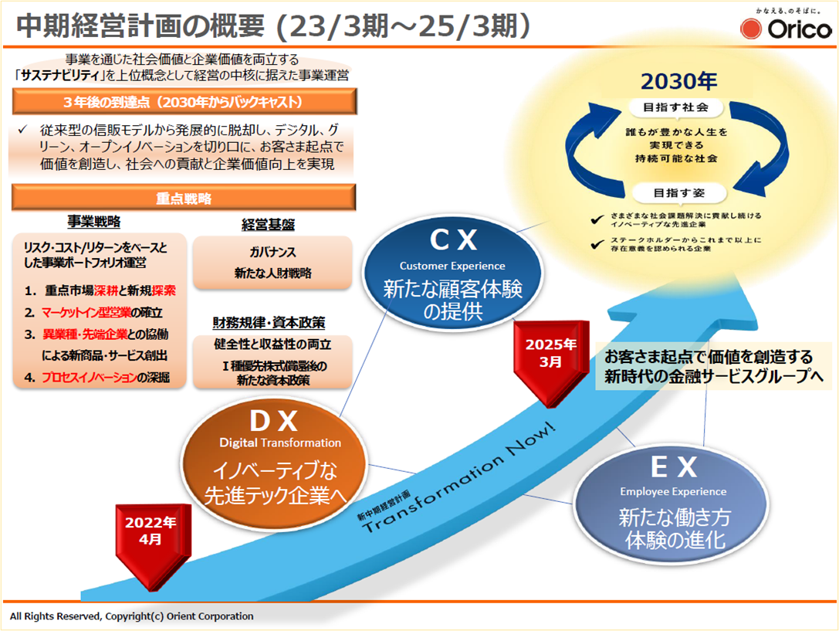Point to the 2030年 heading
pyautogui.click(x=679, y=82)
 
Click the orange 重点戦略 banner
pyautogui.click(x=184, y=198)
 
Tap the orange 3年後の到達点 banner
pyautogui.click(x=184, y=102)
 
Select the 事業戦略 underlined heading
pyautogui.click(x=94, y=222)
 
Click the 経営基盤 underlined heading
pyautogui.click(x=268, y=225)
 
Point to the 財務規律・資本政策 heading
pyautogui.click(x=269, y=322)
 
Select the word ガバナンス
pyautogui.click(x=272, y=253)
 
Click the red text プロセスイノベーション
pyautogui.click(x=88, y=378)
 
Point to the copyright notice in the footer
pyautogui.click(x=131, y=616)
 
